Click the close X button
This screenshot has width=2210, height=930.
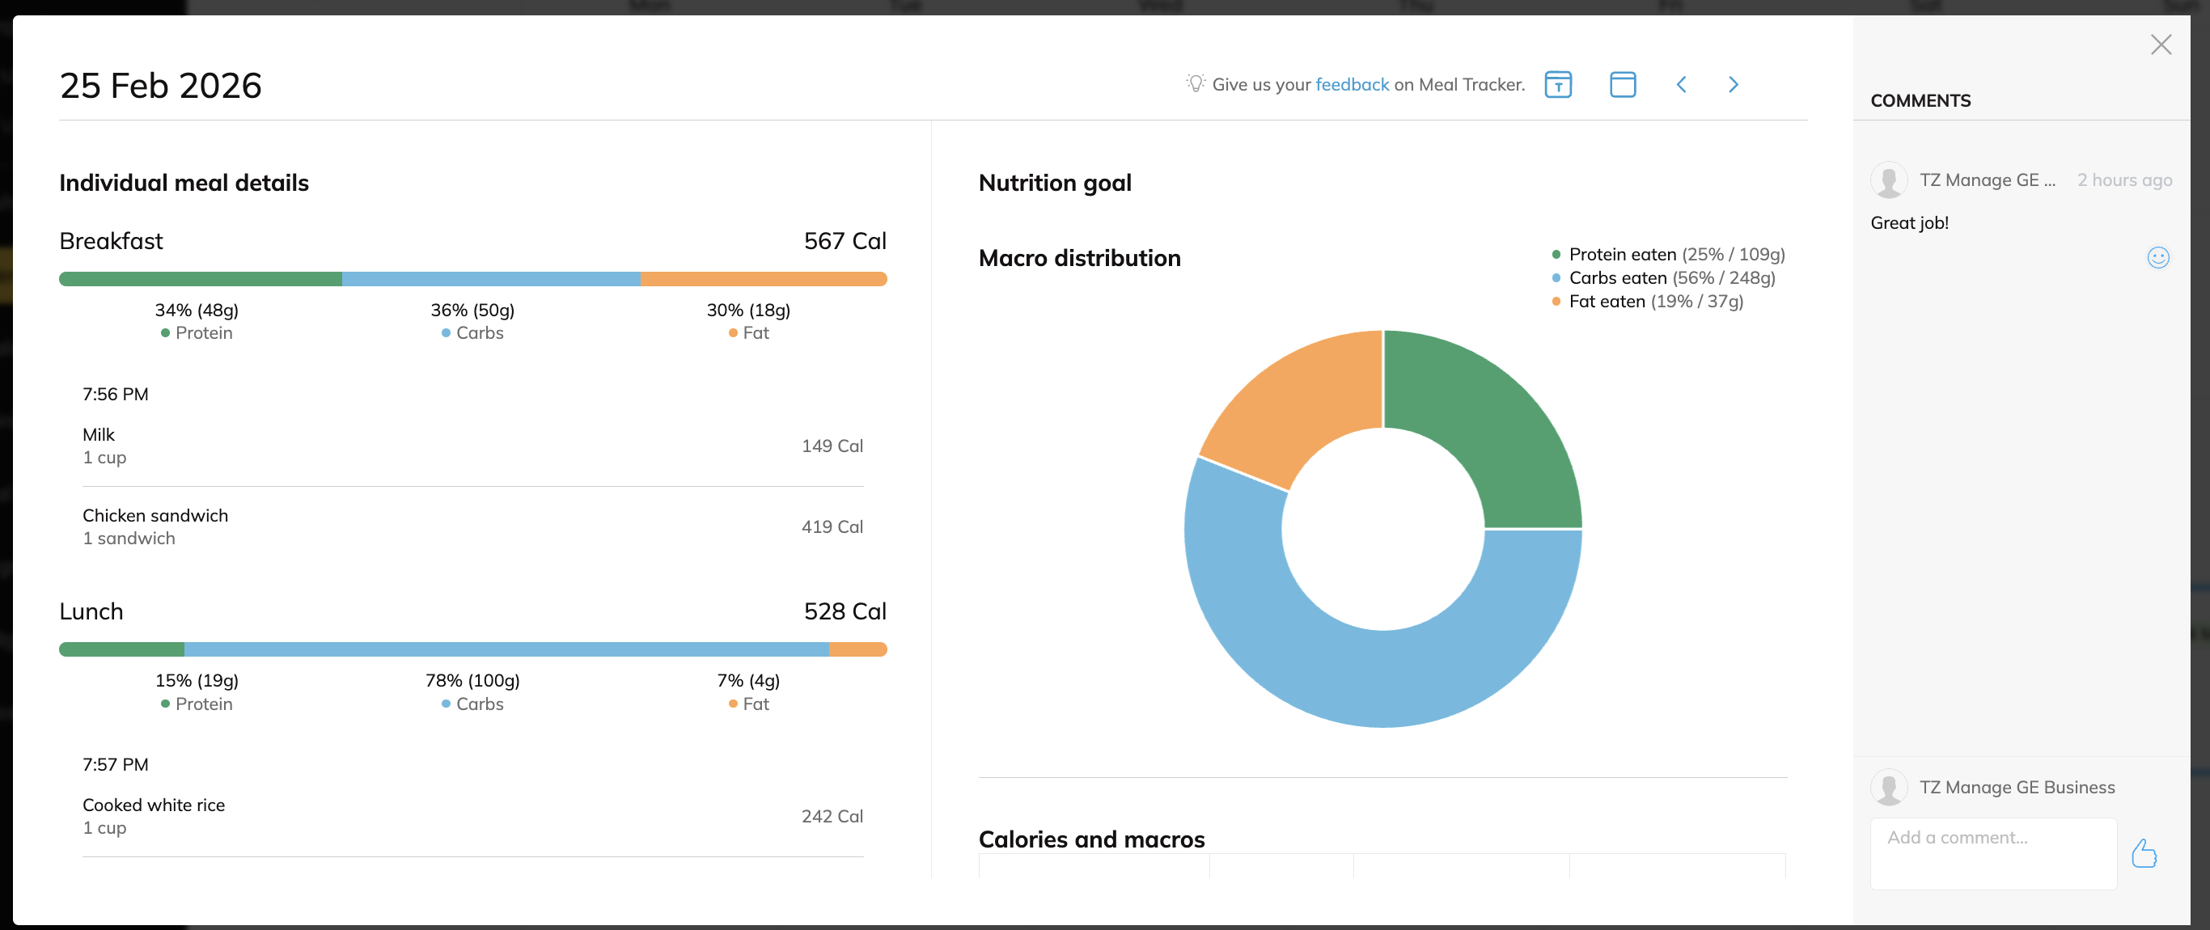[2160, 44]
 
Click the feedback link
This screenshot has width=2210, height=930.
[1351, 84]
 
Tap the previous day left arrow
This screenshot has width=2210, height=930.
[1681, 84]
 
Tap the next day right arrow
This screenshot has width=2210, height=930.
[1733, 84]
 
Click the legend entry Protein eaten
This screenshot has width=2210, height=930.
[1621, 254]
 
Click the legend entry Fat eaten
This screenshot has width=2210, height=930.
[1606, 301]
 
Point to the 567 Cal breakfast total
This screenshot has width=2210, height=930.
[845, 241]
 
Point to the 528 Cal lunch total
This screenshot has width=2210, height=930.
[845, 611]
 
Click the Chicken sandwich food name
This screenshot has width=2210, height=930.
[155, 516]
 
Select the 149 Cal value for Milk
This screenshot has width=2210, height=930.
[832, 446]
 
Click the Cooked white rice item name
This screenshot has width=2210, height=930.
[154, 805]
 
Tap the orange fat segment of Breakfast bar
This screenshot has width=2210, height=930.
[763, 279]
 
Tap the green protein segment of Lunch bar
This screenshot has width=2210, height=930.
[122, 649]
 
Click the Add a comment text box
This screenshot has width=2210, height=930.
[1992, 853]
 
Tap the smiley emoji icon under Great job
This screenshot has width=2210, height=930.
[2157, 257]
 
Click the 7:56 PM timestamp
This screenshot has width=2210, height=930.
[115, 395]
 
